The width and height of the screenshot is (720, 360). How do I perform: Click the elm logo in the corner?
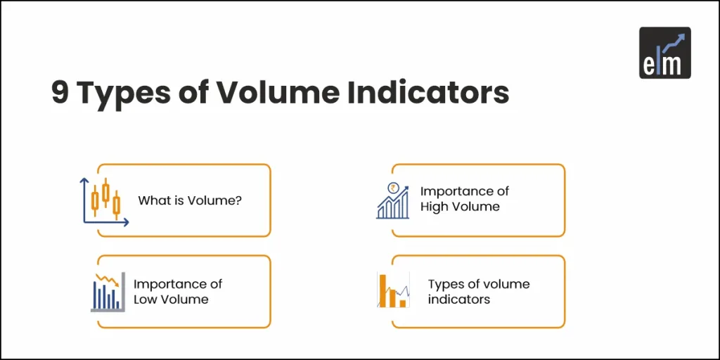click(664, 52)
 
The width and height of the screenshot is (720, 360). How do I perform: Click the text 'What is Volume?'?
click(190, 200)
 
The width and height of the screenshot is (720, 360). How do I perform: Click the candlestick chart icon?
click(103, 201)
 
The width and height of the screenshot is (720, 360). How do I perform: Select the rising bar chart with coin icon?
click(393, 201)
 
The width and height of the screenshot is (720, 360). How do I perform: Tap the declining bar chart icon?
click(108, 291)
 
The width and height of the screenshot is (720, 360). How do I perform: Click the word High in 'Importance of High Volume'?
click(435, 207)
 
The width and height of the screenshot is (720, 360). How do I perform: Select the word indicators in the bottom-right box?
click(458, 299)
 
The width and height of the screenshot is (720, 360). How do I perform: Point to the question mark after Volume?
click(239, 200)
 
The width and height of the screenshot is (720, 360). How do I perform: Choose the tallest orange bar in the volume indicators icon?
click(384, 290)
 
